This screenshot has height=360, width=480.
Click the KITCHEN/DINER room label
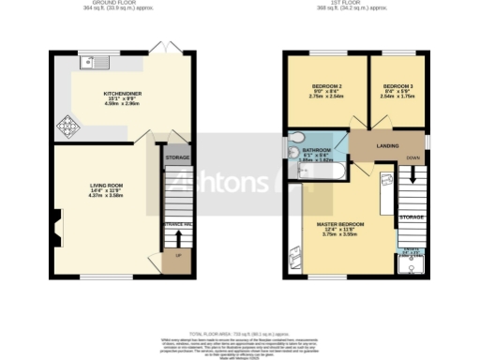(x=123, y=94)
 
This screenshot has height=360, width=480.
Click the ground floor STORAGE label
(x=177, y=158)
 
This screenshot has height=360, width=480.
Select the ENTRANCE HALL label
(x=177, y=225)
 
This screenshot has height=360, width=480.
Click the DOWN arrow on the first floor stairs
(x=412, y=179)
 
